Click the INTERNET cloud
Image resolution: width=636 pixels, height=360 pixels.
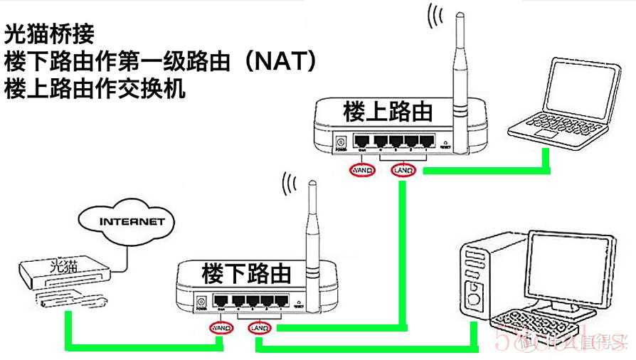pyautogui.click(x=132, y=221)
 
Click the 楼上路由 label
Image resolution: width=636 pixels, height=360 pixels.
pyautogui.click(x=387, y=112)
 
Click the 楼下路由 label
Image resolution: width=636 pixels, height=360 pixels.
pyautogui.click(x=246, y=272)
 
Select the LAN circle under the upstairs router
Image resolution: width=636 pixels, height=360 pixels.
pyautogui.click(x=403, y=171)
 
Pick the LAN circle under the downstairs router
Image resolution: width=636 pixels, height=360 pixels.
pyautogui.click(x=260, y=328)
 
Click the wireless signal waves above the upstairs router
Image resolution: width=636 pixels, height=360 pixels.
pyautogui.click(x=434, y=17)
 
